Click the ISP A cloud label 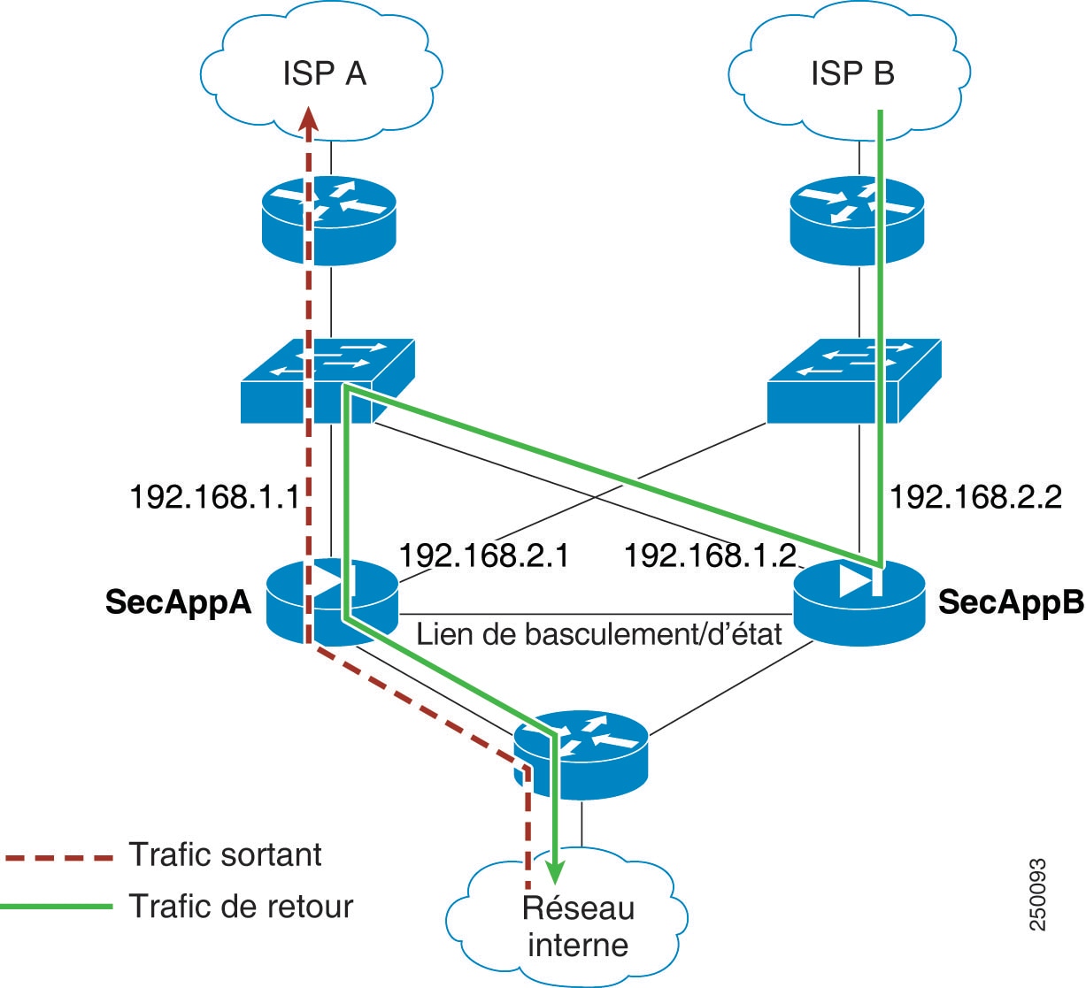324,73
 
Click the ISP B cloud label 852,73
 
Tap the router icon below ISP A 329,221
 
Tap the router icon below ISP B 857,221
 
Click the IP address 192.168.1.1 215,497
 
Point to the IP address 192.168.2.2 975,497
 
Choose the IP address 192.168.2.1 484,555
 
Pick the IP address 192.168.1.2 710,555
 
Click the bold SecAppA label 178,602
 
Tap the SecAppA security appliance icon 332,601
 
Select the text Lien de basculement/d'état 599,634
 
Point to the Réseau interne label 578,926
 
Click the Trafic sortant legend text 225,854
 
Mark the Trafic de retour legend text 241,906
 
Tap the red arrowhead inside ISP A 308,119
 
